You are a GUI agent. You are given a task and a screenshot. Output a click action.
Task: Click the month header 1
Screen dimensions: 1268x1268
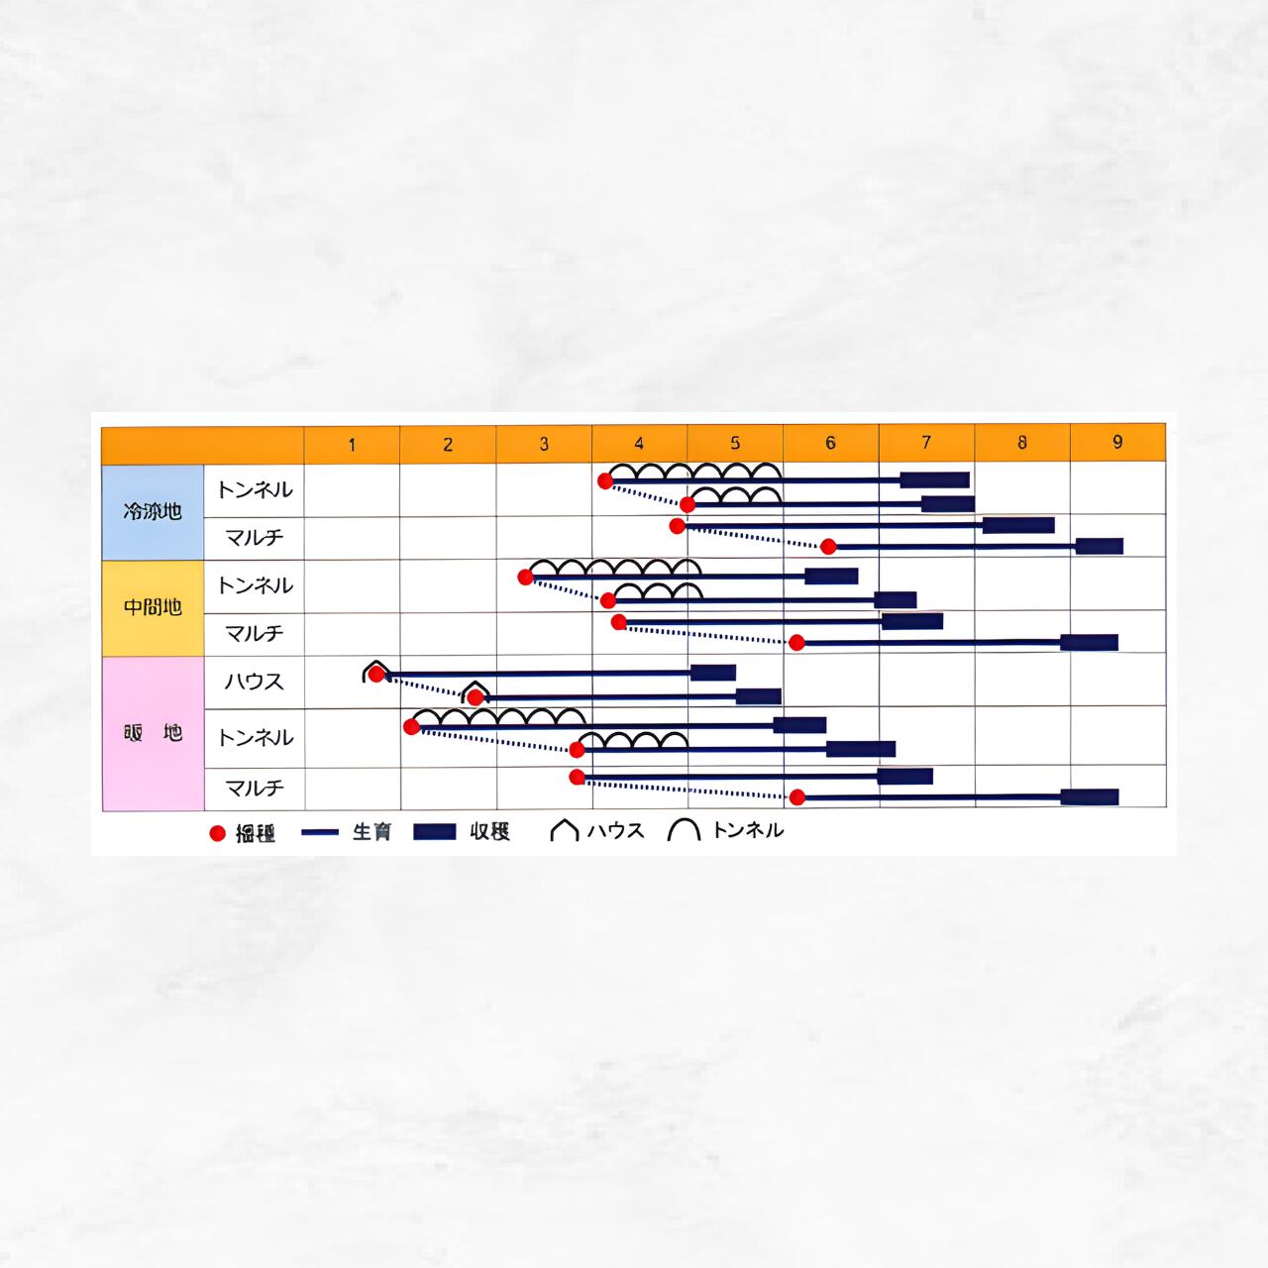[x=352, y=445]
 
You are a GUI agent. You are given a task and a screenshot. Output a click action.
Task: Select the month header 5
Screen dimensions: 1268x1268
[x=735, y=443]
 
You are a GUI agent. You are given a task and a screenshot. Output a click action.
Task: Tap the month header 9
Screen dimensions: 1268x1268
[x=1117, y=442]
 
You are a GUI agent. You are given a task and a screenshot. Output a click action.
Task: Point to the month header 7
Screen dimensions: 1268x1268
[x=926, y=442]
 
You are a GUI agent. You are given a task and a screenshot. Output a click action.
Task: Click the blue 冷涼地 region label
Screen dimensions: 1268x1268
[x=153, y=512]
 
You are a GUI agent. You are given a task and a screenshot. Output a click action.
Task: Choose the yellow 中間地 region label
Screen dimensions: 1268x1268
[x=153, y=607]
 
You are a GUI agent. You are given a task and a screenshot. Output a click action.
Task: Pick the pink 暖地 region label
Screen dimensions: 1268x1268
[x=153, y=733]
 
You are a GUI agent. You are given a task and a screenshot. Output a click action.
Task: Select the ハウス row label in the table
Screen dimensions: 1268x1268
[x=254, y=682]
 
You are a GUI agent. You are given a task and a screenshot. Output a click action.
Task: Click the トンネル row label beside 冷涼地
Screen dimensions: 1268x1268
[x=255, y=489]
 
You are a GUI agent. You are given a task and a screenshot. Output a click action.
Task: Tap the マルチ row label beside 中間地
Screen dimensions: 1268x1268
[x=255, y=633]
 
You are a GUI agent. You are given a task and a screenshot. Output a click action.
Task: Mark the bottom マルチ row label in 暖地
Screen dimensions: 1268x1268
[x=255, y=788]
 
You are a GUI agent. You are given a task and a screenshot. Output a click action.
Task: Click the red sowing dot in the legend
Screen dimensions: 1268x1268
[x=218, y=833]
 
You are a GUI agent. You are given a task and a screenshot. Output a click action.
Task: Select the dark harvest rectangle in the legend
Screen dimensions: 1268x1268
[x=434, y=832]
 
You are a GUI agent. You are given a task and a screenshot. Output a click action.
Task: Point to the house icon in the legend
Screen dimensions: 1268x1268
[x=564, y=830]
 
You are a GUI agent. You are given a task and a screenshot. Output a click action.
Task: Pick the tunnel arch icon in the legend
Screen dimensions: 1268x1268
[x=684, y=830]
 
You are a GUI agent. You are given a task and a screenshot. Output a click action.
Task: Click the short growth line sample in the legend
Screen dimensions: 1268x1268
[x=320, y=833]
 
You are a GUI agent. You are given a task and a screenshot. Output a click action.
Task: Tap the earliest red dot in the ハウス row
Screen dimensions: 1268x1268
[x=376, y=675]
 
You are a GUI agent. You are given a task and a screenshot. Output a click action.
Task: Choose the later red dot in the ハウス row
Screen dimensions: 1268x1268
[x=475, y=697]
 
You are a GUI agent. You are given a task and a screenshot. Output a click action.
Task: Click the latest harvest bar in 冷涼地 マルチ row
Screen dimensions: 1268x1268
[x=1099, y=546]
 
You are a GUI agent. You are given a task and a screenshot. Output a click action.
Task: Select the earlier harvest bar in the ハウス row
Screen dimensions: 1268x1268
[x=713, y=673]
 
